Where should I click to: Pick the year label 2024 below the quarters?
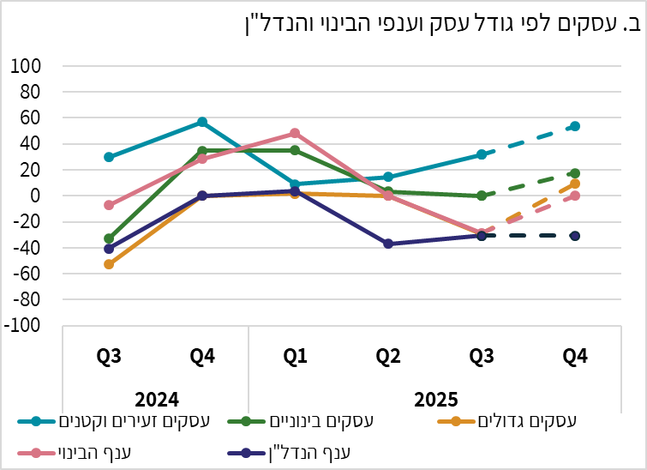pyautogui.click(x=155, y=399)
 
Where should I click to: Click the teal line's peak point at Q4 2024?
pyautogui.click(x=202, y=123)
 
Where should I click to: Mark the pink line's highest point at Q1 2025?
pyautogui.click(x=295, y=134)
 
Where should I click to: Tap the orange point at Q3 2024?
pyautogui.click(x=109, y=264)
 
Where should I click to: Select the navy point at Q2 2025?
pyautogui.click(x=388, y=244)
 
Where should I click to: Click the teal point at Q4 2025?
pyautogui.click(x=575, y=126)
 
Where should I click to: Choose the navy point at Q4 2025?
pyautogui.click(x=575, y=236)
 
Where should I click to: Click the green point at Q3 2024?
pyautogui.click(x=109, y=238)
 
